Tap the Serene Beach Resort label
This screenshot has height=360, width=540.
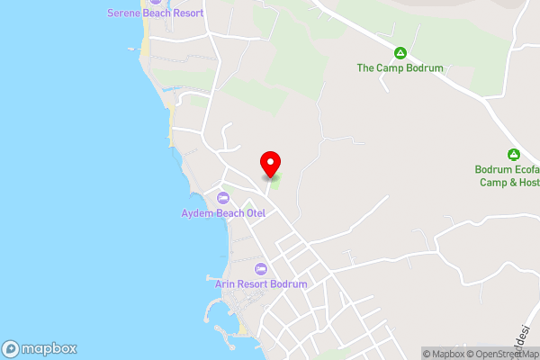(x=155, y=13)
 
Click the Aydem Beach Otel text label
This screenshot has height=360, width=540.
(x=224, y=213)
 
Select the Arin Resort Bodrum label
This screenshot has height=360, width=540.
(x=261, y=283)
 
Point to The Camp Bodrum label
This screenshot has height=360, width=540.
(x=400, y=67)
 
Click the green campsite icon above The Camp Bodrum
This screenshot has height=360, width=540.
(x=400, y=52)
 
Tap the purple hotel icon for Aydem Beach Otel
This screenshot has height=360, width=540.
(x=224, y=198)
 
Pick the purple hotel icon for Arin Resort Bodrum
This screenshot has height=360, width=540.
(x=261, y=268)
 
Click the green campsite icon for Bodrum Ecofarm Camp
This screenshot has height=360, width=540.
(x=513, y=154)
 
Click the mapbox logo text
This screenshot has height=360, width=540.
(x=49, y=349)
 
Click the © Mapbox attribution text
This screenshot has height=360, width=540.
(x=444, y=354)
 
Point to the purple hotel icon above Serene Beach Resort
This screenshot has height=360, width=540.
(x=155, y=2)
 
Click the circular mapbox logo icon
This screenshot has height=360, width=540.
(x=11, y=349)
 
